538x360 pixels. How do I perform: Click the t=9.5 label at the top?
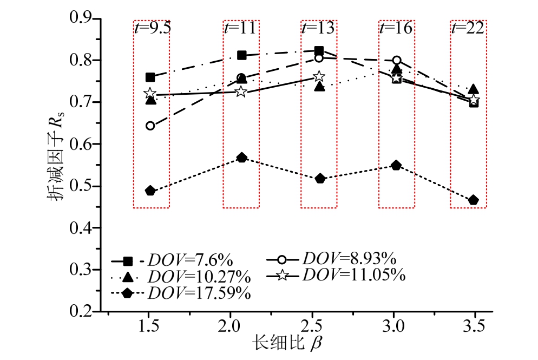[x=152, y=28]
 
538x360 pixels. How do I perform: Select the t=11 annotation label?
[x=240, y=28]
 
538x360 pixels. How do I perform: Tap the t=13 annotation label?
[x=318, y=28]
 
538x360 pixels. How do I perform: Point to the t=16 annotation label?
[x=396, y=28]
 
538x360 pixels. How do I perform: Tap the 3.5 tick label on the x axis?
[x=475, y=329]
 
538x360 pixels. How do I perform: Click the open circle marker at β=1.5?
[x=150, y=126]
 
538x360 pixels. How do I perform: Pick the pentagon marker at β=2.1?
[x=241, y=158]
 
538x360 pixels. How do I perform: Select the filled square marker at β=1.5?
[x=150, y=77]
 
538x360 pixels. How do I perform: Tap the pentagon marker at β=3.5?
[x=474, y=200]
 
